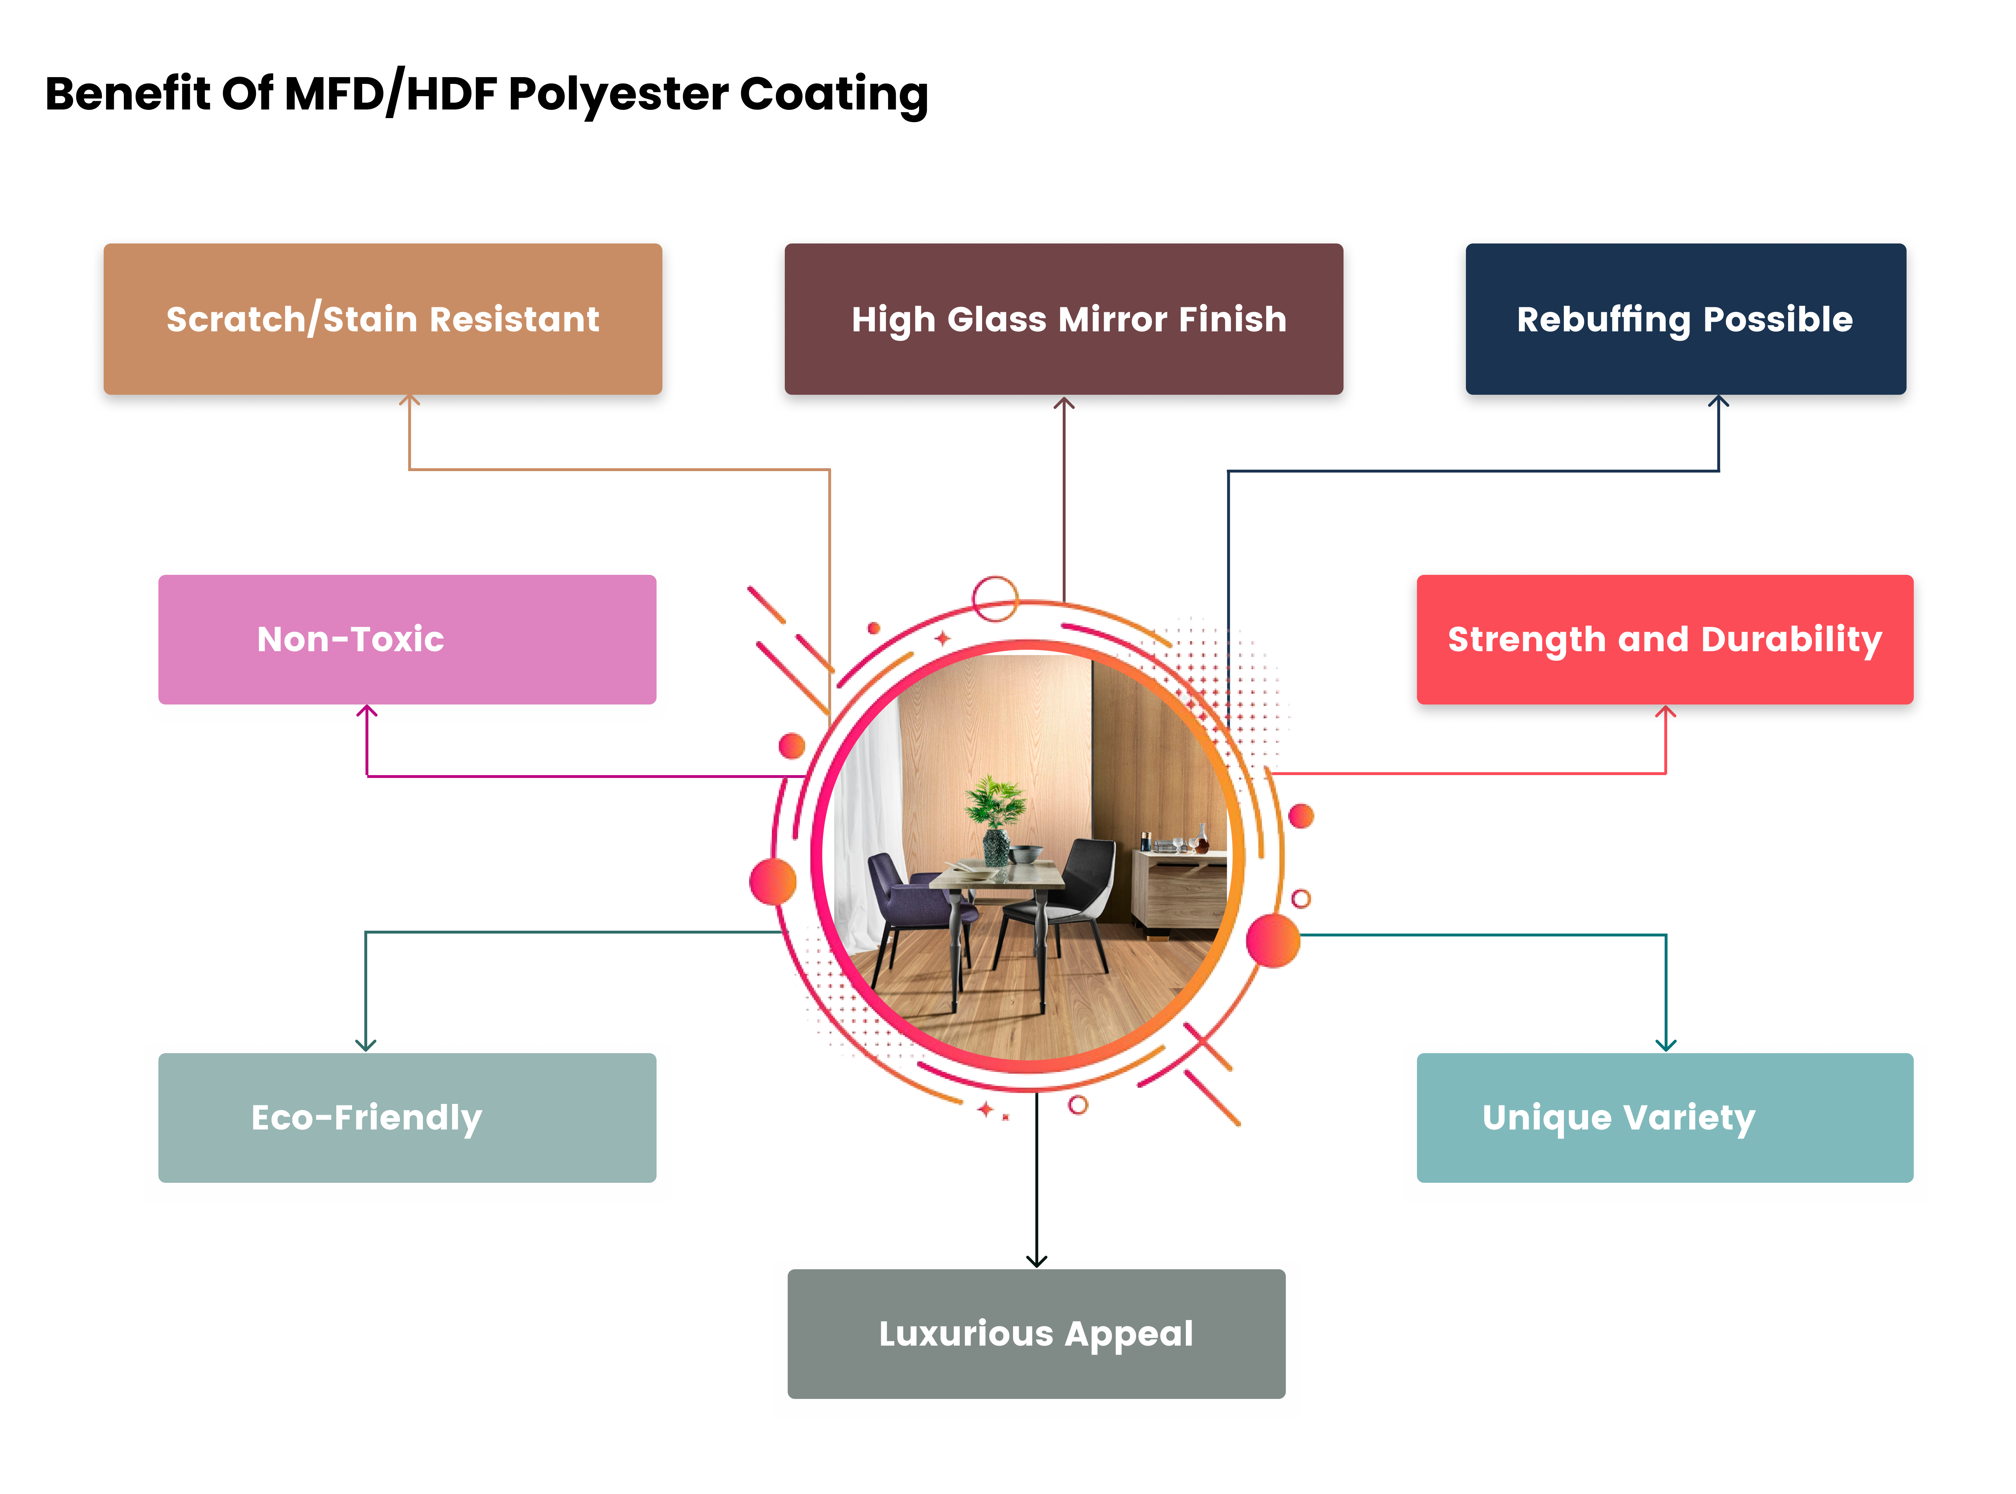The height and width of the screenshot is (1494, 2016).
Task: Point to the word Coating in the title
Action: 833,94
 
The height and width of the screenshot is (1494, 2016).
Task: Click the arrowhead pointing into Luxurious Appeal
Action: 1036,1260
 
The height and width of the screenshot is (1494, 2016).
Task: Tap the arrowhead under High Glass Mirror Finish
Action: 1064,403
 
